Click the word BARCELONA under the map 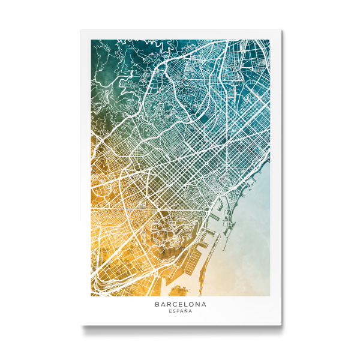click(180, 304)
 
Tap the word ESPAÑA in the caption click(180, 312)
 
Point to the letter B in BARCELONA click(157, 304)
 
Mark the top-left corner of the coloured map click(91, 40)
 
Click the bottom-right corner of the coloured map click(269, 296)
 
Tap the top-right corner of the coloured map click(269, 40)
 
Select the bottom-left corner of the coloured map click(91, 296)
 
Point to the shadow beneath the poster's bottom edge click(180, 329)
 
